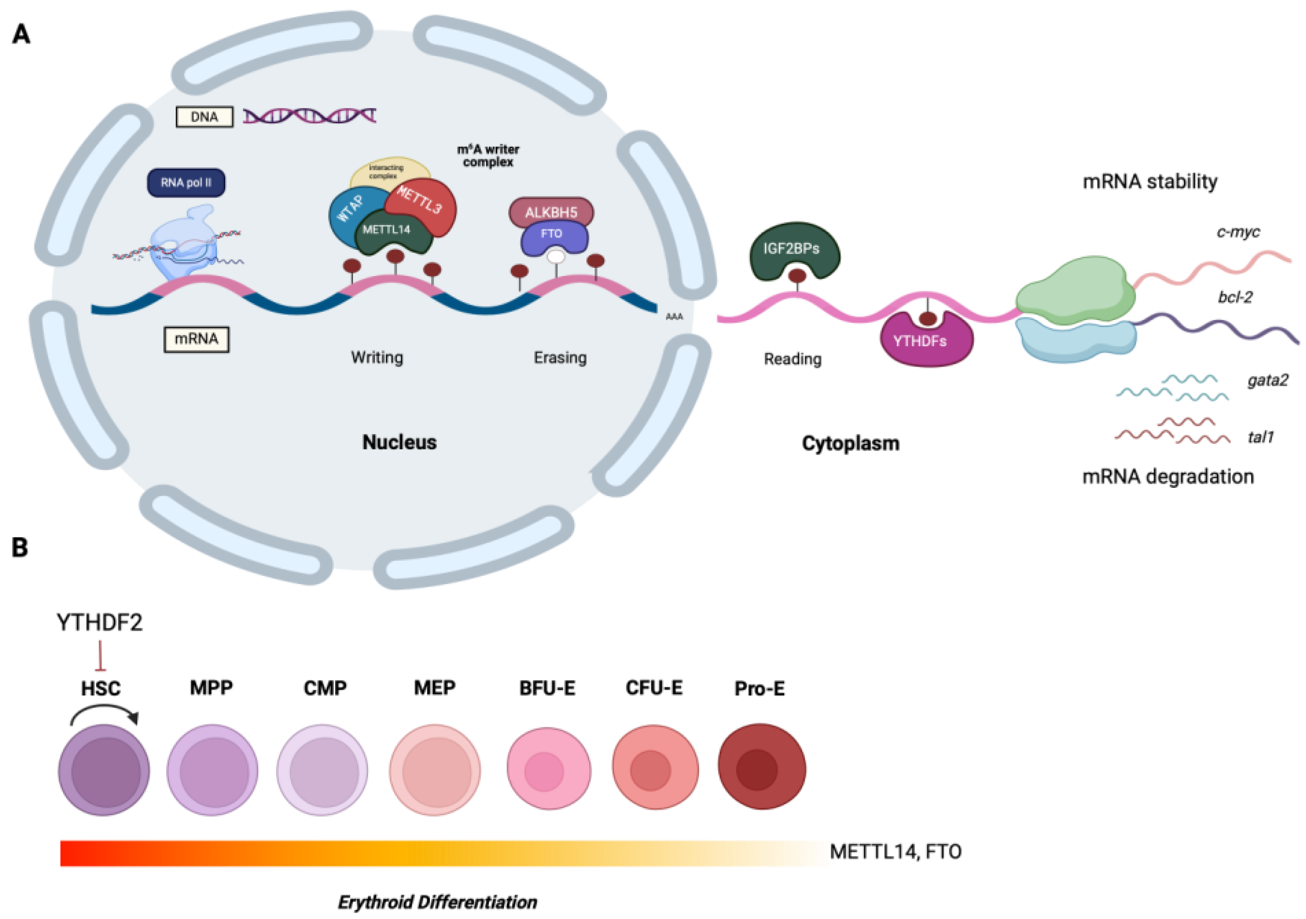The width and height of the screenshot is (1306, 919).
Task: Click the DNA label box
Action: pos(204,117)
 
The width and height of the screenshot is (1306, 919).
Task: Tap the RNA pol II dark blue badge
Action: pos(186,183)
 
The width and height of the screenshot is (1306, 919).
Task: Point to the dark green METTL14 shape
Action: pos(392,233)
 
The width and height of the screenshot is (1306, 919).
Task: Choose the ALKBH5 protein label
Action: pos(551,212)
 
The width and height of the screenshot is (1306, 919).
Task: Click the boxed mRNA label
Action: pos(196,339)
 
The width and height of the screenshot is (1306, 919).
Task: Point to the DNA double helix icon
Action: pos(309,116)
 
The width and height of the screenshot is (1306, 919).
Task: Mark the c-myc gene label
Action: pos(1238,232)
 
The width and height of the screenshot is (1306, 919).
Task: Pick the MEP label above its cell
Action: pos(434,688)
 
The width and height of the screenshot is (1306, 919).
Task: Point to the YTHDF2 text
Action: pos(99,623)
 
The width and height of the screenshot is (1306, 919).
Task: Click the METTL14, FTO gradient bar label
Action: pos(895,852)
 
